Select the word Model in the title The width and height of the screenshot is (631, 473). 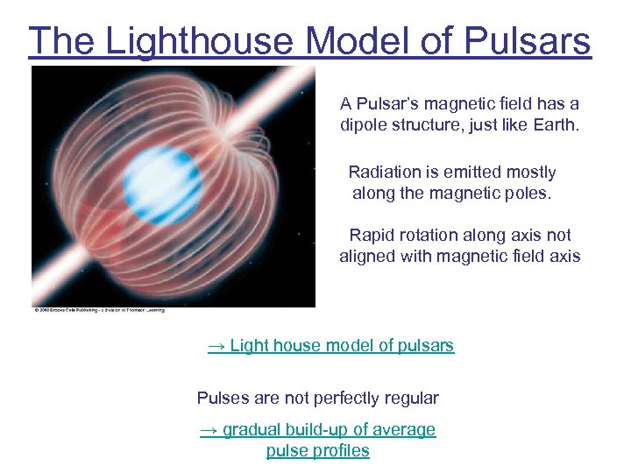click(353, 41)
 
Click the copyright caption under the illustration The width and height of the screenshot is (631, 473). click(99, 309)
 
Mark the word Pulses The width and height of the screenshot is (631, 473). click(223, 398)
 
